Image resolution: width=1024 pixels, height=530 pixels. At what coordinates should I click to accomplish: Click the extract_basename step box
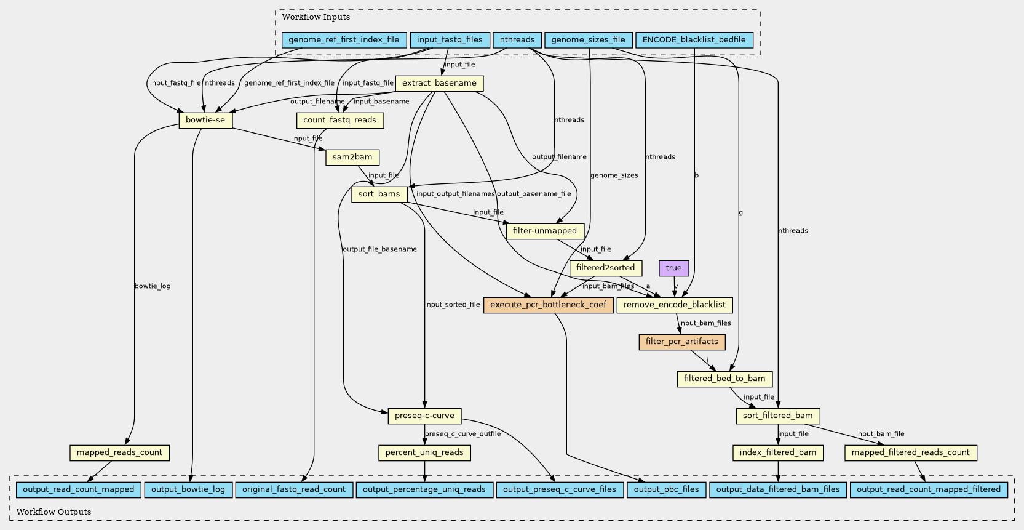(x=439, y=84)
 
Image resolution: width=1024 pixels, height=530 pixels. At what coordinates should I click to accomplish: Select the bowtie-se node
(x=205, y=121)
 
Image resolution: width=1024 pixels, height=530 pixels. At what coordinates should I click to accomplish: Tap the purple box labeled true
(x=674, y=268)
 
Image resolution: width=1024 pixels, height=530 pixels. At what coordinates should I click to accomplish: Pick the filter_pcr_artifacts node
(x=682, y=342)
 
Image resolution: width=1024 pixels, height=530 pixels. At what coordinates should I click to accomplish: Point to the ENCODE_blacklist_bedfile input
(x=694, y=40)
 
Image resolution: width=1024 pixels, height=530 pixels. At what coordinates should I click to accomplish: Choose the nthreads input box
(x=517, y=40)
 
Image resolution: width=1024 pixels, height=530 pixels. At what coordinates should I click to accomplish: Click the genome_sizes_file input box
(x=589, y=40)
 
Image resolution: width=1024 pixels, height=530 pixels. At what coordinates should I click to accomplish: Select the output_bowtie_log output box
(x=188, y=490)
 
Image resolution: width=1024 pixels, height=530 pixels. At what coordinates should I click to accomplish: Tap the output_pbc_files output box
(x=667, y=490)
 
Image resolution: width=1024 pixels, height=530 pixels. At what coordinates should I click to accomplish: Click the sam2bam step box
(x=352, y=158)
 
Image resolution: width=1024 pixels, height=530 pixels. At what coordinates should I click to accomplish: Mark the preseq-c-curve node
(x=425, y=416)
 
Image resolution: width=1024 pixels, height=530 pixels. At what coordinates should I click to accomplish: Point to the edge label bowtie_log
(x=153, y=286)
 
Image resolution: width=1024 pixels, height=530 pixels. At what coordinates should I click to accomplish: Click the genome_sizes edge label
(x=614, y=175)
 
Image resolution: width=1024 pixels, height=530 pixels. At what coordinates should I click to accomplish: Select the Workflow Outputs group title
(x=54, y=512)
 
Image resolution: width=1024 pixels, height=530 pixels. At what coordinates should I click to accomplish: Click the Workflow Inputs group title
(x=316, y=17)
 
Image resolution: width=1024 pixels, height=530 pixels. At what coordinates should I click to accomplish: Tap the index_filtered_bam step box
(x=778, y=452)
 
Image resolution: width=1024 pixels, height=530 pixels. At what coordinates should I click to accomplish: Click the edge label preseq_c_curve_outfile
(x=462, y=434)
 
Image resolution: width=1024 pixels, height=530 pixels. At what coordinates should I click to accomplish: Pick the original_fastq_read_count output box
(x=294, y=490)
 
